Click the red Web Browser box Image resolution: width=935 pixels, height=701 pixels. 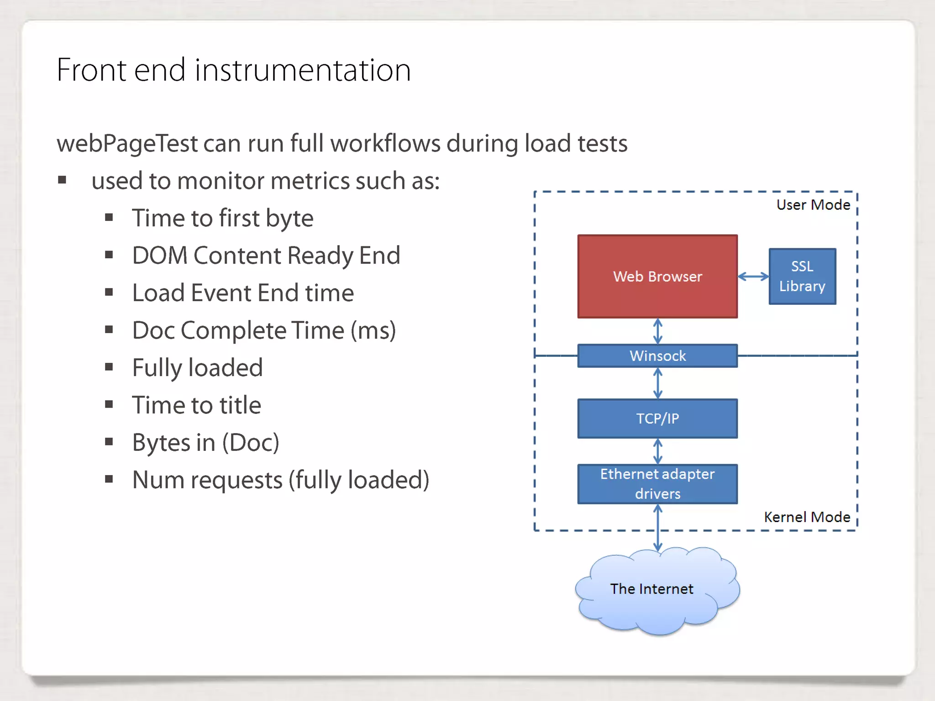657,276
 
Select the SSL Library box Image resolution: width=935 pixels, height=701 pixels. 802,276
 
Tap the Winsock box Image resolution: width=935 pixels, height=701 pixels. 657,356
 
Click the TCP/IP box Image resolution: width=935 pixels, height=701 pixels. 657,419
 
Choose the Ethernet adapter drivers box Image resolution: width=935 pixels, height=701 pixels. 657,484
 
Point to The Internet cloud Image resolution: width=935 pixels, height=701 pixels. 652,589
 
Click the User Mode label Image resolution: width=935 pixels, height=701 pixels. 813,205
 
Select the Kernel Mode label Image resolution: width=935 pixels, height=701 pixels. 807,517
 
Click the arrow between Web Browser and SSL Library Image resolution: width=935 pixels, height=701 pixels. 753,276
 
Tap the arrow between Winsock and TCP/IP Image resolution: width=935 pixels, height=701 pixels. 657,383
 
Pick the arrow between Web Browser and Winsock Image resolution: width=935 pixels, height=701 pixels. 657,331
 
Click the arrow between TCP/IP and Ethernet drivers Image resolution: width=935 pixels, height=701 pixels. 657,451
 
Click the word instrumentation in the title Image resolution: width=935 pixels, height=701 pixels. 303,70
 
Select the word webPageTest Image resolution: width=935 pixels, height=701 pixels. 127,144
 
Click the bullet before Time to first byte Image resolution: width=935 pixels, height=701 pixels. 109,218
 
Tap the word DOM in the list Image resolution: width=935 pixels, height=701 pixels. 160,256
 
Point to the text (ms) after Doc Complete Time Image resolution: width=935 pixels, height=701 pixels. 373,330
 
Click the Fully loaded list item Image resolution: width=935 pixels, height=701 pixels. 197,368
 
